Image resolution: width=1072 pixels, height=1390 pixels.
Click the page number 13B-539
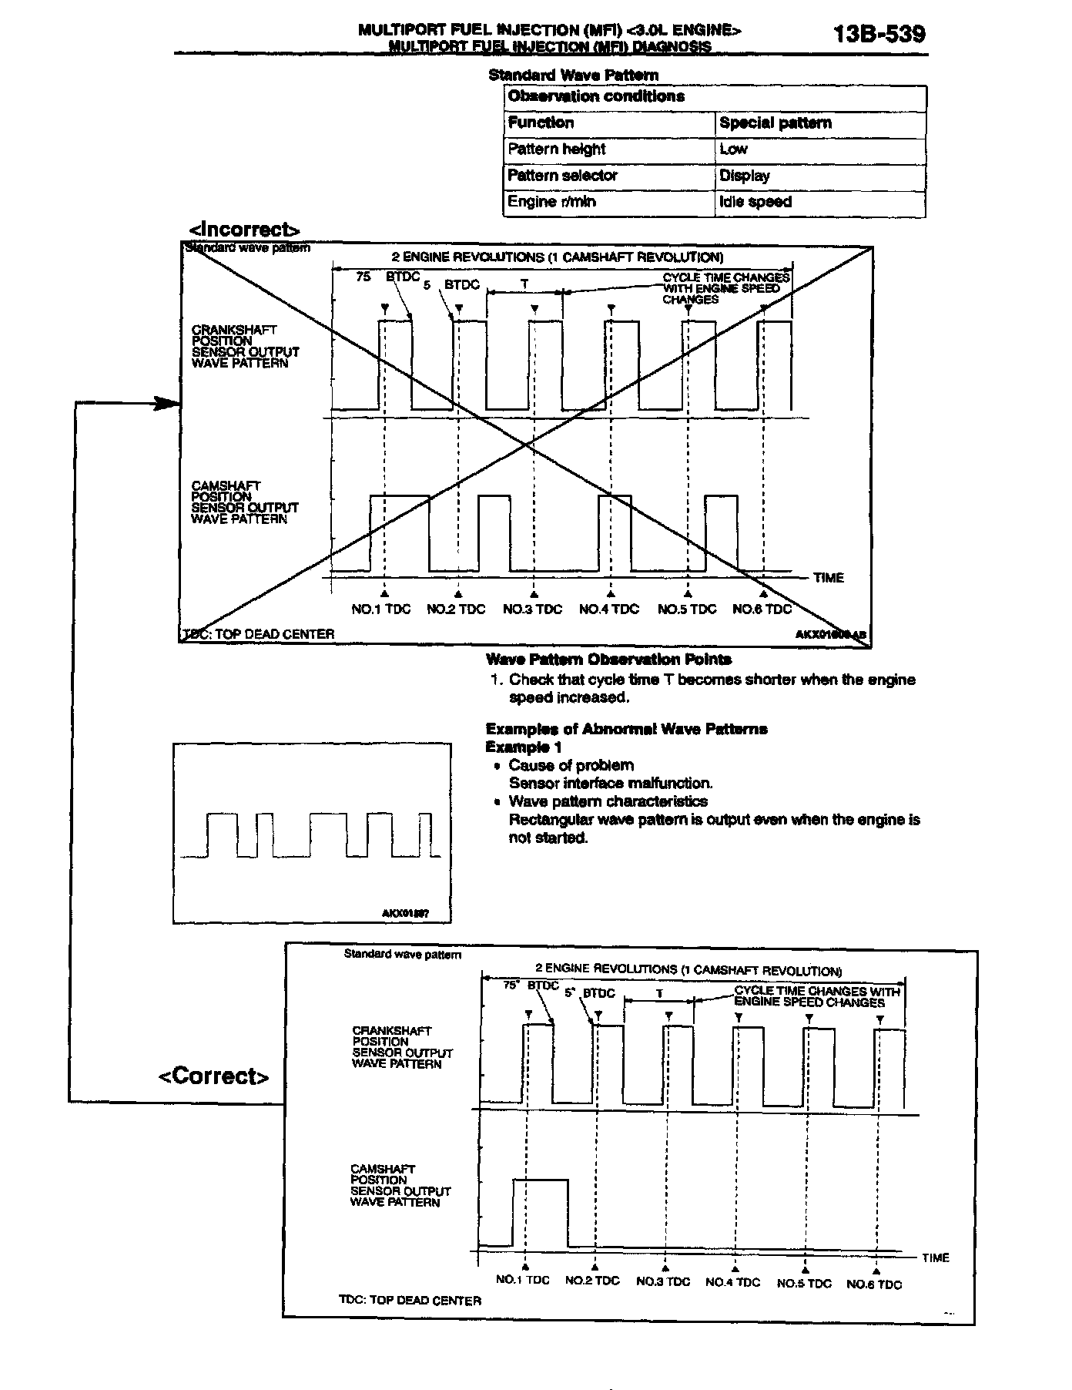point(879,34)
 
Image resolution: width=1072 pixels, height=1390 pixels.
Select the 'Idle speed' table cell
point(755,202)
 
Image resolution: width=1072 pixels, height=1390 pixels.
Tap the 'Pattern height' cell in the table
point(556,149)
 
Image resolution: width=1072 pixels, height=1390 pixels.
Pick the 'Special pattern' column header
point(775,123)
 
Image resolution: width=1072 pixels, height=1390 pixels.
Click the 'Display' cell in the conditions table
point(744,176)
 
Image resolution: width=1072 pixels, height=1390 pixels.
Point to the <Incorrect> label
point(244,230)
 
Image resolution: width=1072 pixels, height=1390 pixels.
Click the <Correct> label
point(214,1076)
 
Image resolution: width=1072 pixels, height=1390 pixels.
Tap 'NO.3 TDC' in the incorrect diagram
point(532,609)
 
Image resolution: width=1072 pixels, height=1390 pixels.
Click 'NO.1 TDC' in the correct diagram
point(522,1281)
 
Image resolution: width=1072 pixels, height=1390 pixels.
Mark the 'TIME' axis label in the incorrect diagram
point(828,578)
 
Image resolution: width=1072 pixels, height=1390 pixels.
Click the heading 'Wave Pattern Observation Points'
point(608,660)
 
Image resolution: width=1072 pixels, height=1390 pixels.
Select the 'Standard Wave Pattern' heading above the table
point(573,76)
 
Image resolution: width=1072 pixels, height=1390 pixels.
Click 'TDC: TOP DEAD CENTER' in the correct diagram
point(410,1301)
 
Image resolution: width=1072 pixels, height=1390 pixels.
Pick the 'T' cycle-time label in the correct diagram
point(659,994)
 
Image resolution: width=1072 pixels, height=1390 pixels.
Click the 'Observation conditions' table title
point(595,97)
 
